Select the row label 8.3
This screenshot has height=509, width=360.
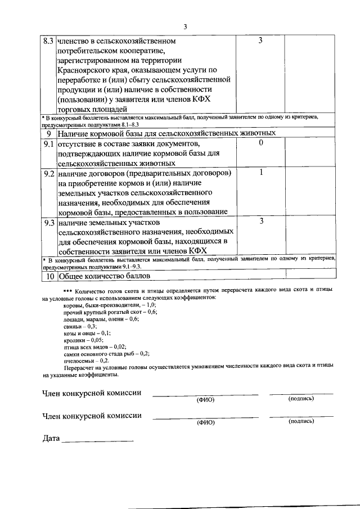(48, 42)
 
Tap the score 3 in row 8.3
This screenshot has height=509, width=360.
(260, 41)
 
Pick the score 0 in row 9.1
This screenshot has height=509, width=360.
(260, 143)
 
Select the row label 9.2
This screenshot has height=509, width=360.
(48, 173)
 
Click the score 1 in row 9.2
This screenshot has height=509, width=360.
(260, 172)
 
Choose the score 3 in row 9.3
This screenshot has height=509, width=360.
(260, 221)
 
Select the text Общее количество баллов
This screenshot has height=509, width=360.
(104, 276)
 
